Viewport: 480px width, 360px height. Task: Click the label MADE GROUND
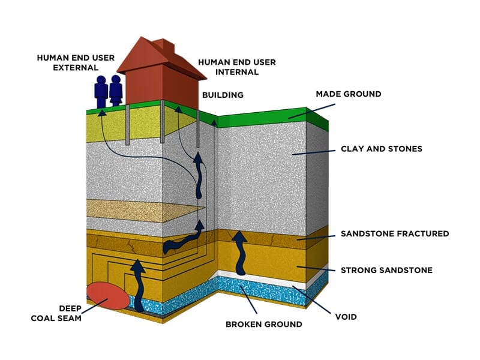tap(349, 94)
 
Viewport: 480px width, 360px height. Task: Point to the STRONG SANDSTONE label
tap(386, 270)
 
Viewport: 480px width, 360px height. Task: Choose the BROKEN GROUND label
tap(263, 325)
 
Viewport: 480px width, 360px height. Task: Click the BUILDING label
tap(223, 95)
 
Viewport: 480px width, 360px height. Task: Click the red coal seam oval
tap(107, 293)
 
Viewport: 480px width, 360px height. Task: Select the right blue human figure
tap(116, 91)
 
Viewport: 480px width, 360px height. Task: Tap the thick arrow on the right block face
tap(240, 252)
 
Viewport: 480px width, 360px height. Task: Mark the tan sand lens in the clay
tap(144, 211)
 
